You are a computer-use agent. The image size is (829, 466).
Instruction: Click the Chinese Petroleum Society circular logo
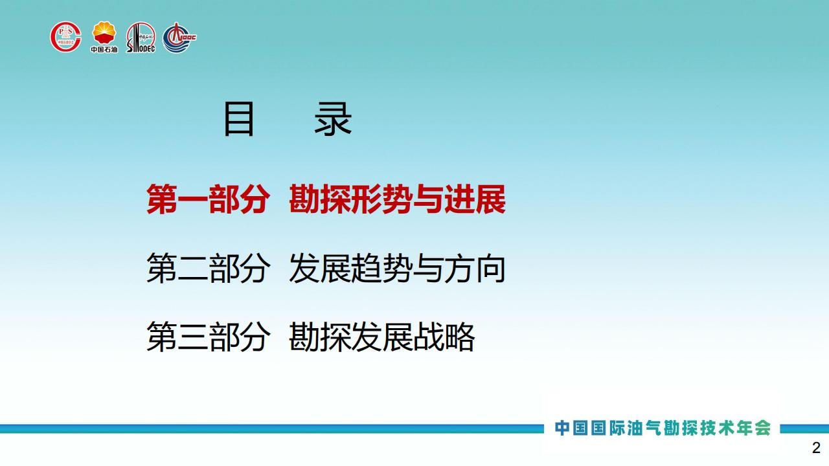coord(66,37)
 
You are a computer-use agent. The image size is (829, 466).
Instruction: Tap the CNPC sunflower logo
coord(104,33)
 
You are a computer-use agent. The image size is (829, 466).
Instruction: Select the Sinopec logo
coord(141,38)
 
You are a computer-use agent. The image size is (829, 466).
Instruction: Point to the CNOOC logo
coord(179,38)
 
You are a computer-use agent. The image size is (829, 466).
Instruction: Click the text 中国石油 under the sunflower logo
coord(104,49)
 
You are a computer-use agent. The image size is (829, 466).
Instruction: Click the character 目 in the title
coord(239,120)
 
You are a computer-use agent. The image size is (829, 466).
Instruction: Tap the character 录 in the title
coord(333,120)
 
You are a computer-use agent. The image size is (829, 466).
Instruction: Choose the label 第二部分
coord(208,268)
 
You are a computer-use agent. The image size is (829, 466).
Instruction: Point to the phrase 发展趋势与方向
coord(397,268)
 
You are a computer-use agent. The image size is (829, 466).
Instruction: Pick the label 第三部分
coord(208,336)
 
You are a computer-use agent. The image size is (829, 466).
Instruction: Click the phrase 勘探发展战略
coord(381,336)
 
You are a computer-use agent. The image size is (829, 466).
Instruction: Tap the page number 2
coord(816,448)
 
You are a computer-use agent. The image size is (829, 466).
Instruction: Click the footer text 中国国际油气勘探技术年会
coord(663,428)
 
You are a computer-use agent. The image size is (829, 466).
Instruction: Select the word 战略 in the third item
coord(444,336)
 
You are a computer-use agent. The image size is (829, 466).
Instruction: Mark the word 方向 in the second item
coord(475,268)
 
